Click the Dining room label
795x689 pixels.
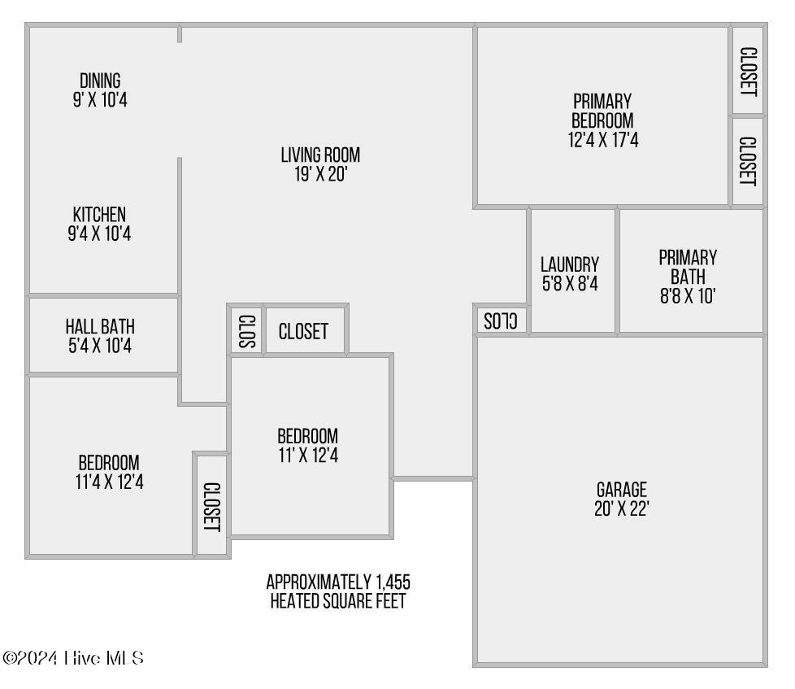click(x=100, y=81)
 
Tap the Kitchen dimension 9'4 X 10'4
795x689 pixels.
click(x=99, y=234)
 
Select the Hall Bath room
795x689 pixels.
click(x=103, y=335)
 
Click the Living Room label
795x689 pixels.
click(x=320, y=155)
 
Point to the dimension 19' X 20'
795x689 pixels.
click(x=320, y=174)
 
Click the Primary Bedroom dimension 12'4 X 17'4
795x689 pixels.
click(x=603, y=140)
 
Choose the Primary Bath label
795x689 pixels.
click(x=688, y=267)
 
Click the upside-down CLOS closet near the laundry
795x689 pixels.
click(x=501, y=321)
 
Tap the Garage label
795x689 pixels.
click(x=622, y=490)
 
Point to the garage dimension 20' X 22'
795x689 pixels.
click(x=622, y=508)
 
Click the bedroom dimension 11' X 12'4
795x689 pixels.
click(x=308, y=455)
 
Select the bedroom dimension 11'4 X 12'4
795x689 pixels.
click(x=110, y=482)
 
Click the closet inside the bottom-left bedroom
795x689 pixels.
click(x=211, y=505)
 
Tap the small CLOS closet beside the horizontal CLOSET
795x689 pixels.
click(x=247, y=330)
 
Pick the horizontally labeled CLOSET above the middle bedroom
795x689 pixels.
click(x=304, y=331)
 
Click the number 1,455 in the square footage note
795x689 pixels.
click(x=393, y=582)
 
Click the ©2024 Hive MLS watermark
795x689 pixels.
click(x=73, y=658)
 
